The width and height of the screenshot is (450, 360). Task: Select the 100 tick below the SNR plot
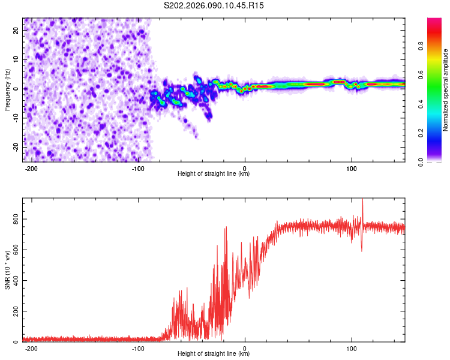point(351,349)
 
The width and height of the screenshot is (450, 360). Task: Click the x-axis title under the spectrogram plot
point(214,174)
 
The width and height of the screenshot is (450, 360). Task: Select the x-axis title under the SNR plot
point(214,355)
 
